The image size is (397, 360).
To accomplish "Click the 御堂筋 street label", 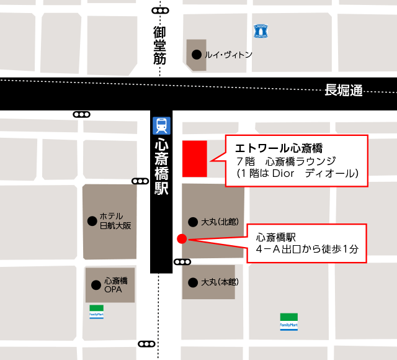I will coord(161,45).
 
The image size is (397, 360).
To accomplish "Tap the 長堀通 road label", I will coord(344,90).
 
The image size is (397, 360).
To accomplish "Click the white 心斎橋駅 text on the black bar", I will coord(161,167).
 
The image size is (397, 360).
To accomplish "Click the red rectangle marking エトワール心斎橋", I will coord(194,158).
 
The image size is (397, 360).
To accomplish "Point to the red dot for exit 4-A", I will coord(182,238).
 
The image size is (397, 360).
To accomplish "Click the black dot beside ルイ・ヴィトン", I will coord(197,55).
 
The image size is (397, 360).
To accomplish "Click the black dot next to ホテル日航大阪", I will coord(92,220).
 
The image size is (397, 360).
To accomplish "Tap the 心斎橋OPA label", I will coord(116,285).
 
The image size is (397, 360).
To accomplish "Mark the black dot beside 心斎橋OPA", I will coord(96,285).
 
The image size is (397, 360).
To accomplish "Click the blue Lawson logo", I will coord(261,30).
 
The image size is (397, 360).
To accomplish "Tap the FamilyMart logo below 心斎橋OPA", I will coord(96,310).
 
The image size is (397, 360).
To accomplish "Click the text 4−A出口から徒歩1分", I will coord(308,250).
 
